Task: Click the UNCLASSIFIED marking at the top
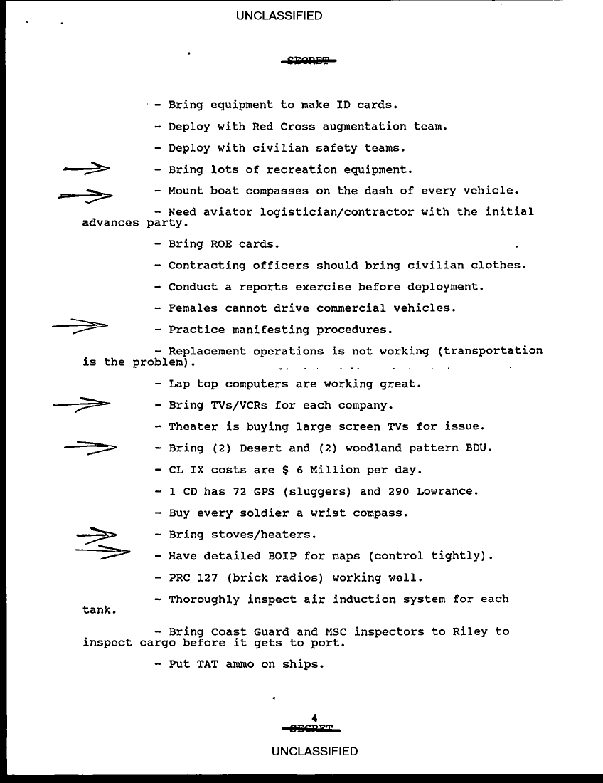click(279, 16)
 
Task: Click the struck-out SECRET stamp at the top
click(308, 61)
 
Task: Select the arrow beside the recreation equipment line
click(85, 169)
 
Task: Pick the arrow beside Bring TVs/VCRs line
click(82, 404)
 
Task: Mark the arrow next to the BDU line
click(90, 447)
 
